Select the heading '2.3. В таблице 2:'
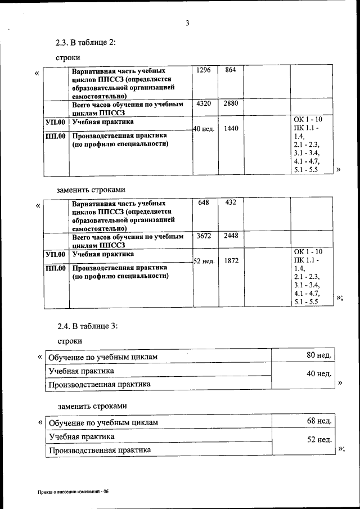85,43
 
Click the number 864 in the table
230,70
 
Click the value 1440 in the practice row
231,129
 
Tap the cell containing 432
230,202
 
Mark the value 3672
204,236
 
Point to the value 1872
231,262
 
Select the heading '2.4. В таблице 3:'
87,326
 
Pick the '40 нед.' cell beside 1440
204,129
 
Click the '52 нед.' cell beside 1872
204,262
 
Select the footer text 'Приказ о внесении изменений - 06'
73,492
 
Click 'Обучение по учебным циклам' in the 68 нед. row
103,422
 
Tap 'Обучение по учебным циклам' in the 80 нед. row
103,357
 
